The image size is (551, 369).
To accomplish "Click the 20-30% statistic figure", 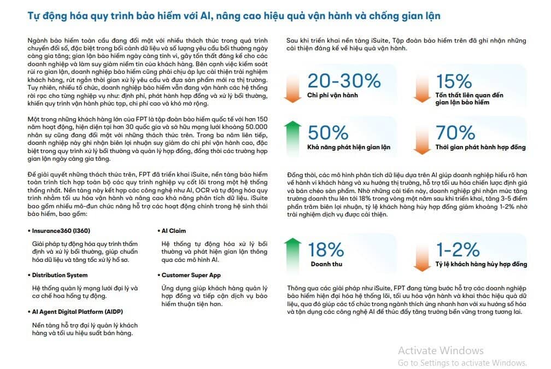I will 344,81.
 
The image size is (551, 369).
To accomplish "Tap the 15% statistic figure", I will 454,81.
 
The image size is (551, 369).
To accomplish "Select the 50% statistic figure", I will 328,133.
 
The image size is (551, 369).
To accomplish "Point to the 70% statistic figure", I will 455,133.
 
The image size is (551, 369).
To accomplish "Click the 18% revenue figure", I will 326,250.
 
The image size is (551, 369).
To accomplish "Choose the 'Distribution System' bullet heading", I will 60,275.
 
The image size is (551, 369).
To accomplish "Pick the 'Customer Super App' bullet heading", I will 191,275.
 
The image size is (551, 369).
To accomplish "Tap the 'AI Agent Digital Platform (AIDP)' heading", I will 77,312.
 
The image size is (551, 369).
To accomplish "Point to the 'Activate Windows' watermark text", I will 441,350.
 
